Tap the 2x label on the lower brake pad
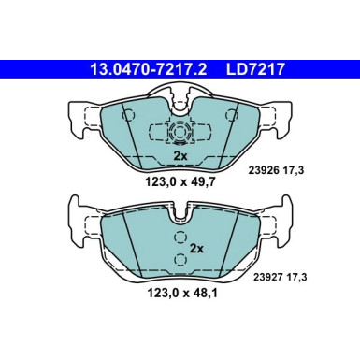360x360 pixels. pyautogui.click(x=195, y=250)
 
